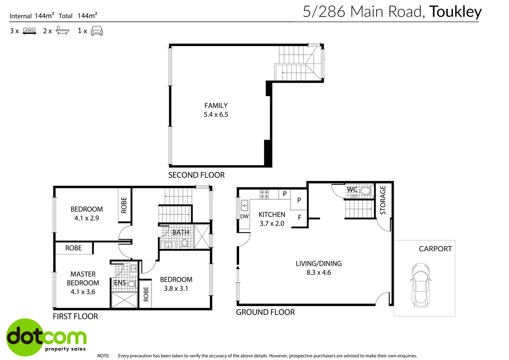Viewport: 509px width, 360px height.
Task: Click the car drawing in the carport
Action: tap(421, 285)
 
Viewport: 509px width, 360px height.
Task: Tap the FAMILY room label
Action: tap(216, 106)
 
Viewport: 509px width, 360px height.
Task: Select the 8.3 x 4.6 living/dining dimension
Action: tap(318, 273)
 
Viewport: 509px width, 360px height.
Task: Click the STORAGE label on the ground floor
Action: tap(383, 200)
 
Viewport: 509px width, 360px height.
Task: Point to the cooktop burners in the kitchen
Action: tap(264, 194)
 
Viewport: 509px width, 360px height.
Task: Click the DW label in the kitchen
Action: tap(244, 216)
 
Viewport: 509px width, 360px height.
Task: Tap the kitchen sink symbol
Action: tap(244, 205)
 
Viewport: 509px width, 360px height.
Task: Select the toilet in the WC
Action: tap(365, 191)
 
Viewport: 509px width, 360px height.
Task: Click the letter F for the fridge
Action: tap(299, 217)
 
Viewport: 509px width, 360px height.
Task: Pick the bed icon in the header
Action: tap(29, 31)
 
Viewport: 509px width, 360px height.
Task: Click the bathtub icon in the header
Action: tap(62, 31)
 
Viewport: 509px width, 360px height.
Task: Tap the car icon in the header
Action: tap(97, 31)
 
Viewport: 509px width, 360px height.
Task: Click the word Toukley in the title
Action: tap(455, 12)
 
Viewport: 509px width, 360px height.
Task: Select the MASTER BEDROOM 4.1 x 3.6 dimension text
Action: tap(83, 292)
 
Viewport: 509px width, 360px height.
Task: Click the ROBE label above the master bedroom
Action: tap(73, 248)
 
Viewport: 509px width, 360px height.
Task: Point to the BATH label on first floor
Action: tap(181, 232)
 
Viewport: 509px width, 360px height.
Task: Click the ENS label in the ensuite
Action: tap(120, 283)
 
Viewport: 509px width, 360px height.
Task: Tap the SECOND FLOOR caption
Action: tap(196, 175)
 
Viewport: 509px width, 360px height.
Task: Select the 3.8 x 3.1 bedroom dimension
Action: tap(176, 289)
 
